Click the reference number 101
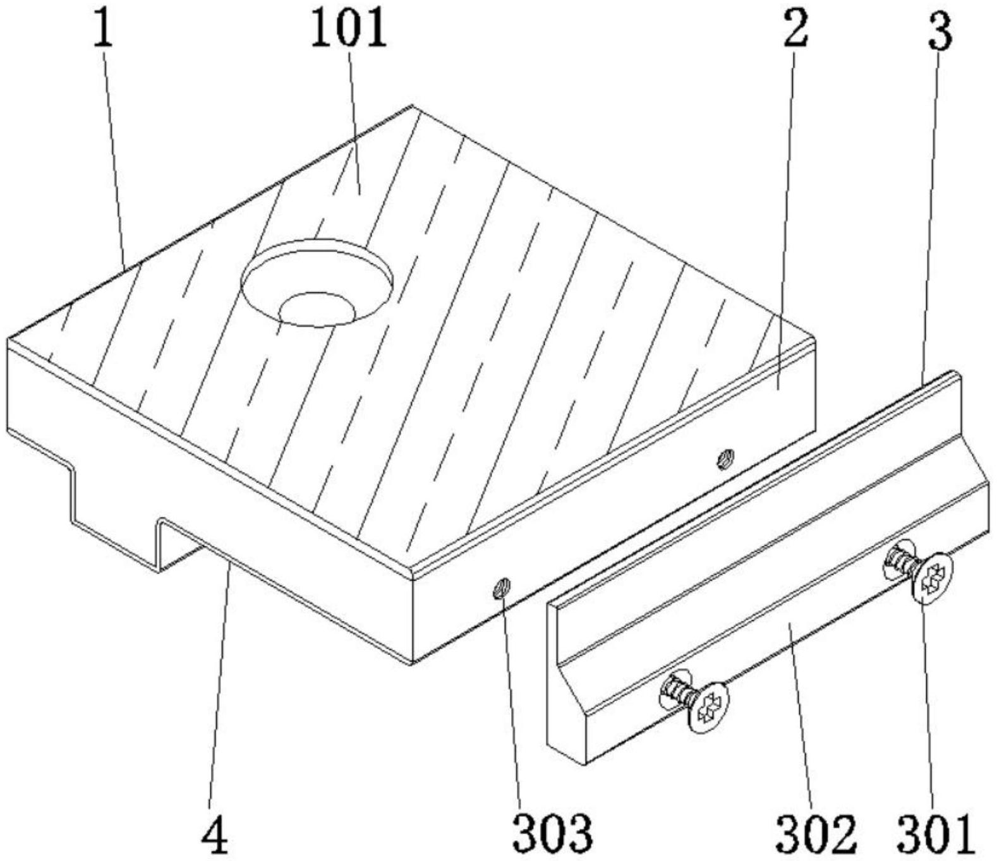348,31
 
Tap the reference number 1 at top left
103,31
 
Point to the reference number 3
940,32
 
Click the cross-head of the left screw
708,707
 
